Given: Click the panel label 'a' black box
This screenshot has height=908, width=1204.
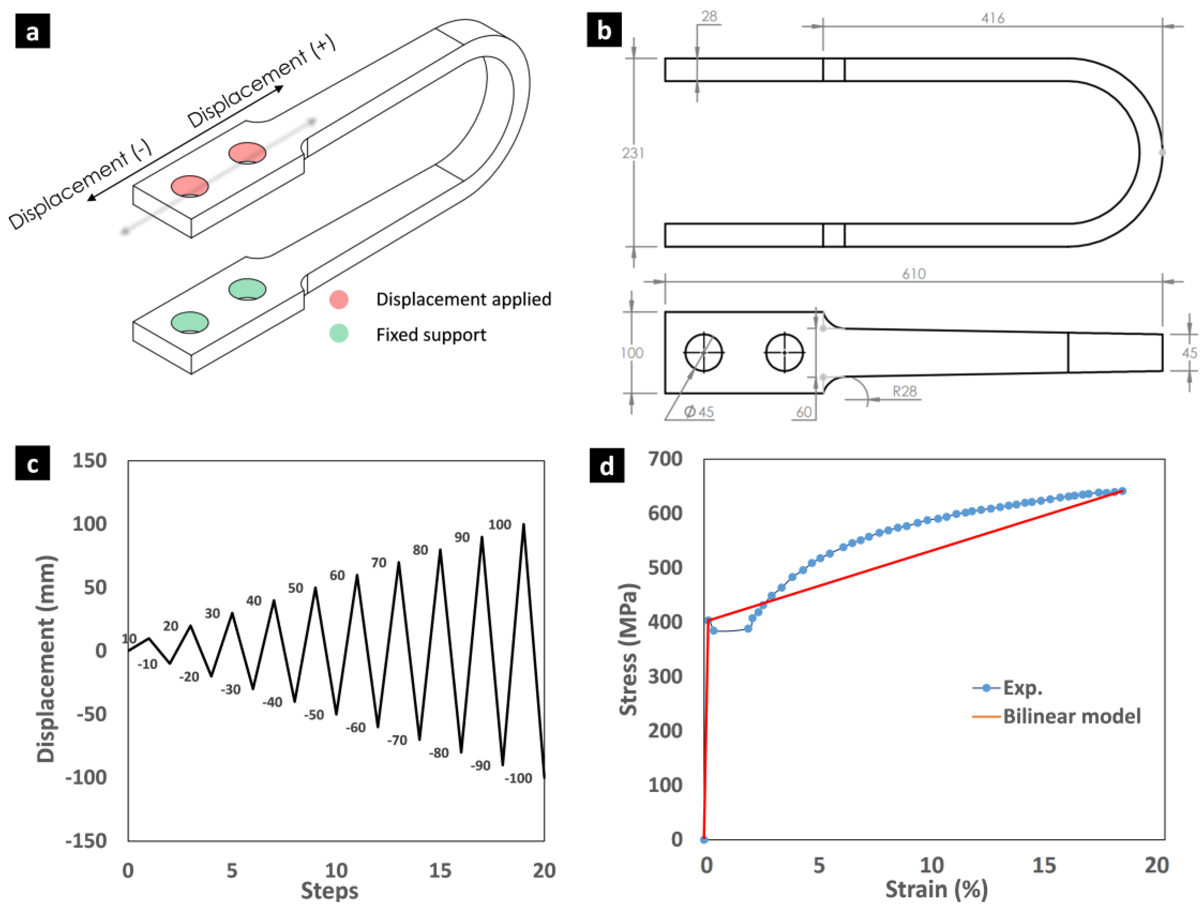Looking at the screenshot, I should (x=33, y=31).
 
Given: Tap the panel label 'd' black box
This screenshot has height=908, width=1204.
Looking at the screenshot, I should (x=606, y=466).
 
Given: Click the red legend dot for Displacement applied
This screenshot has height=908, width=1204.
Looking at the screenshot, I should (x=339, y=299).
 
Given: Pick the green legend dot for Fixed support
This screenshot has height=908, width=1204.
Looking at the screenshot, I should (x=339, y=333).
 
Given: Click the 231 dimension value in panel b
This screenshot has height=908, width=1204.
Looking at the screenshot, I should (x=633, y=153).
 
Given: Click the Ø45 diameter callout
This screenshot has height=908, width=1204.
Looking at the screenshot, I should (x=699, y=412).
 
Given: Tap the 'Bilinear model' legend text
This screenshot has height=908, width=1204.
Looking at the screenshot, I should (x=1072, y=716).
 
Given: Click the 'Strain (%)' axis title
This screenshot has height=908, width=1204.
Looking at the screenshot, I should (x=936, y=889).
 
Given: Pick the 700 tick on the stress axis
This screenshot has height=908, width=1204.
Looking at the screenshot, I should (x=665, y=459).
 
